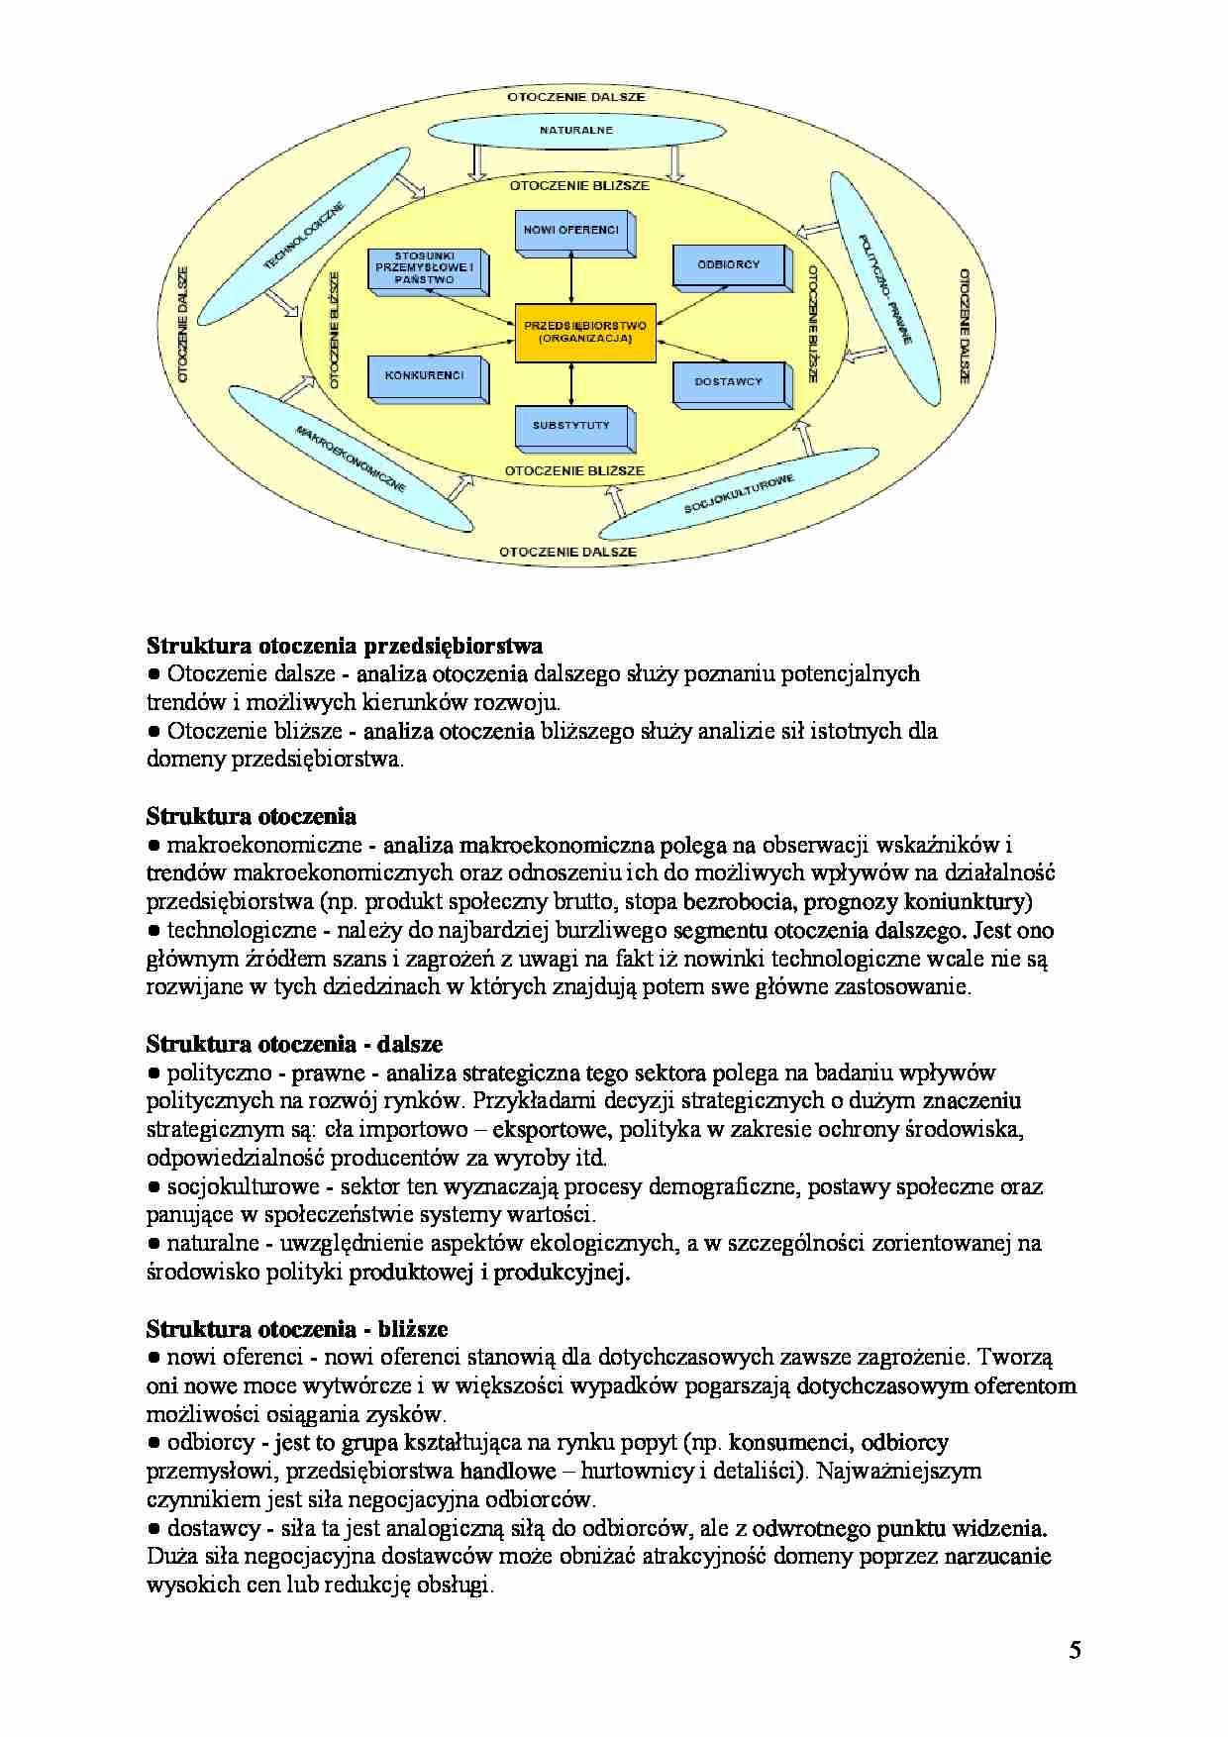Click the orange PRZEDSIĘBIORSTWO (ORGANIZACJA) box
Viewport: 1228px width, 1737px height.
tap(585, 333)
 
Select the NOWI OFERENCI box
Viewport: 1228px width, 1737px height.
tap(571, 232)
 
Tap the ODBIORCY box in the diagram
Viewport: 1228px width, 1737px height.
tap(729, 265)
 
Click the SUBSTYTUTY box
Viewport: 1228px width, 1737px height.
tap(571, 427)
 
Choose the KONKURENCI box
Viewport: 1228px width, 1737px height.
tap(425, 377)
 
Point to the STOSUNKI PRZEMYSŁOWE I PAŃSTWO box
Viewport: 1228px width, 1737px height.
tap(425, 268)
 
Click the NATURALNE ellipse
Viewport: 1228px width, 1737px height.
tap(576, 131)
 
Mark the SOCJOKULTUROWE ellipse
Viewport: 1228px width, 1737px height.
tap(739, 494)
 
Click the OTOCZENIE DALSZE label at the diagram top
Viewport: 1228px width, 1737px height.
tap(576, 97)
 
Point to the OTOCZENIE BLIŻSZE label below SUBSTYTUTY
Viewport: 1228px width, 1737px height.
tap(574, 471)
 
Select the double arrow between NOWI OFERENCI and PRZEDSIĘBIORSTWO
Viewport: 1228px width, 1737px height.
tap(572, 278)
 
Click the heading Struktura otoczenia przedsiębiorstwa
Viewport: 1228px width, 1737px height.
tap(344, 647)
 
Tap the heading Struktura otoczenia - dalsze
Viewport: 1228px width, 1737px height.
tap(294, 1044)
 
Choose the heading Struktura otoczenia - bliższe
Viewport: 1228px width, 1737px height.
tap(297, 1329)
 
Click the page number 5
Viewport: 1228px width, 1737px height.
tap(1074, 1650)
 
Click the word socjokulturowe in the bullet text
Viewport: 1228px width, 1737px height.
tap(243, 1186)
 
